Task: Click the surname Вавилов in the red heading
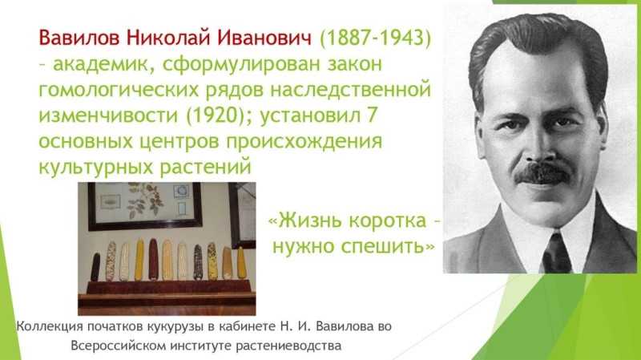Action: click(79, 38)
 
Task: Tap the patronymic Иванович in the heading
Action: click(264, 38)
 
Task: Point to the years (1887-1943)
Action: click(375, 38)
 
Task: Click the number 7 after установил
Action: click(371, 115)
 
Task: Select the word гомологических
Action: click(119, 90)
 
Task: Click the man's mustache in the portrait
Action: click(542, 173)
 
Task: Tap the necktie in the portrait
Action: click(556, 253)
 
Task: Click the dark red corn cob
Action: click(153, 259)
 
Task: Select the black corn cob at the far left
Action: click(95, 267)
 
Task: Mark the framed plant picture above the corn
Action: click(145, 206)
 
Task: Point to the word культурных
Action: click(96, 168)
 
